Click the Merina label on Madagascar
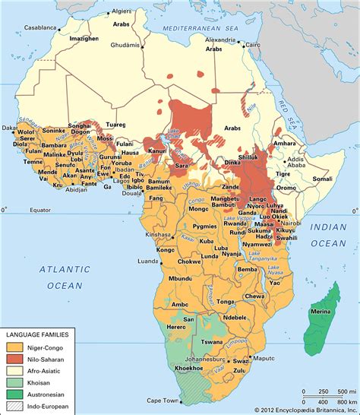pyautogui.click(x=320, y=304)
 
